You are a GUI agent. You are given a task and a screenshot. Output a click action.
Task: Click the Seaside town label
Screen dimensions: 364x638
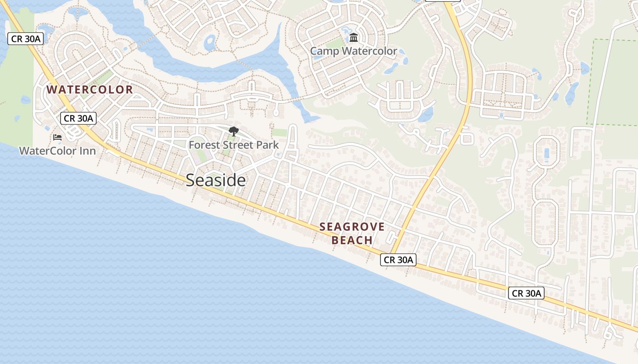point(216,181)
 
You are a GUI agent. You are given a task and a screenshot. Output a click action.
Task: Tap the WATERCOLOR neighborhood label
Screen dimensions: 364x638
point(90,90)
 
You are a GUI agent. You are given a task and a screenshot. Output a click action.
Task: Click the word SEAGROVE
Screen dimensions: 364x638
point(352,227)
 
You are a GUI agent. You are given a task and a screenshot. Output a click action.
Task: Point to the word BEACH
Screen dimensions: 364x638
point(352,240)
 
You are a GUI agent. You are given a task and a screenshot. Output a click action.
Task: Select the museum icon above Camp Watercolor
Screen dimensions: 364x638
point(354,37)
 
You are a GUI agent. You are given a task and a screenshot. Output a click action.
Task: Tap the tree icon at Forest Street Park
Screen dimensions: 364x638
point(234,132)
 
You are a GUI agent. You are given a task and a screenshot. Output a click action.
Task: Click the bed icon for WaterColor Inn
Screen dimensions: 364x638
point(57,137)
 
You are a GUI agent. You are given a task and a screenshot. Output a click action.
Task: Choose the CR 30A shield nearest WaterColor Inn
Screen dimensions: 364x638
point(78,119)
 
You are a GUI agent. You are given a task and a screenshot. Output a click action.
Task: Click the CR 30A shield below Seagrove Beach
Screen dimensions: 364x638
point(398,260)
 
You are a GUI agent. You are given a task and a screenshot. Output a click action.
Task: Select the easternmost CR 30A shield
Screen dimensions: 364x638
point(526,293)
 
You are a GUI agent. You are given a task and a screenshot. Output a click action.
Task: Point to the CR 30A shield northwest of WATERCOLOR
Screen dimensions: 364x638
point(26,39)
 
